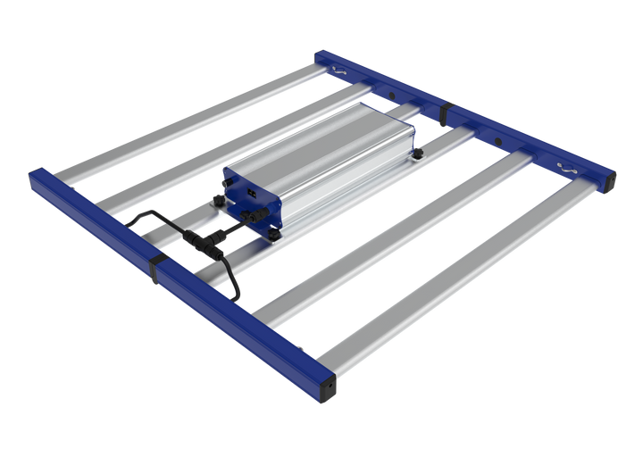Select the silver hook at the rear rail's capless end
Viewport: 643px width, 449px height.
point(338,71)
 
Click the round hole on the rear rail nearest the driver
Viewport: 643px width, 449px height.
point(389,92)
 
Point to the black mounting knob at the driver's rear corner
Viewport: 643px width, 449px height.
point(417,153)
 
